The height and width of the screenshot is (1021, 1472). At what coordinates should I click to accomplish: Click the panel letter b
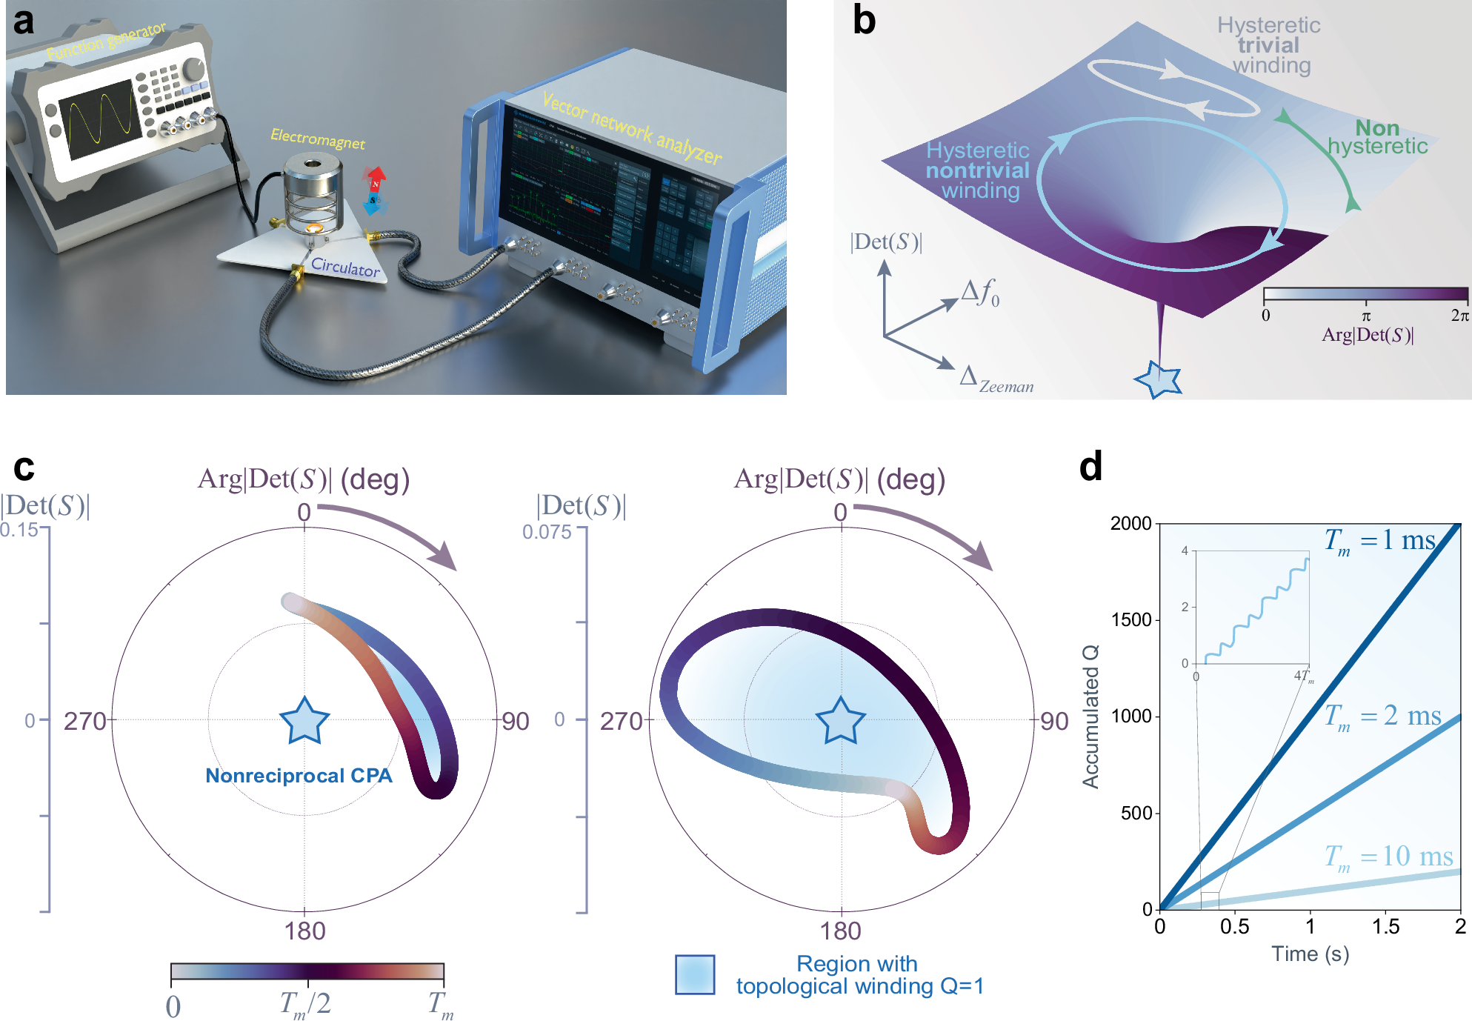click(x=864, y=21)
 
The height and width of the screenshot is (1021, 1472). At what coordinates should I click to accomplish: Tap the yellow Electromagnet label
click(x=317, y=139)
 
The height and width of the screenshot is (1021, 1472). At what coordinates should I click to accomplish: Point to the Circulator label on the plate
click(x=345, y=267)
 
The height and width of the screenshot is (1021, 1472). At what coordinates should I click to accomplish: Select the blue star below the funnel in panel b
click(x=1159, y=379)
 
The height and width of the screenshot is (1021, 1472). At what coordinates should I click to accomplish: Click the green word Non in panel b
click(x=1377, y=128)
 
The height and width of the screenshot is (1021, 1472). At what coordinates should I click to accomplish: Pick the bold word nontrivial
click(x=978, y=170)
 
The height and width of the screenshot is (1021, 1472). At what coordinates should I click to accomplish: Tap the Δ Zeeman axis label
click(x=996, y=380)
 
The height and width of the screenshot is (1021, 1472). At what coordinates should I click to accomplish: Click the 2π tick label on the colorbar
click(x=1459, y=316)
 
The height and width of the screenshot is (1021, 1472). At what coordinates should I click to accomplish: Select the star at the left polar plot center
click(x=304, y=721)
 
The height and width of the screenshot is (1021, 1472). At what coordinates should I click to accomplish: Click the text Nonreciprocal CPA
click(x=299, y=776)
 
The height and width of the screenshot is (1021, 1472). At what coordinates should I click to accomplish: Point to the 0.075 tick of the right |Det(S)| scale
click(x=547, y=532)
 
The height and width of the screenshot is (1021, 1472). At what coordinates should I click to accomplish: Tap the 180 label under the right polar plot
click(x=841, y=931)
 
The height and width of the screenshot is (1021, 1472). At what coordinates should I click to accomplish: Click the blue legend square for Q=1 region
click(x=695, y=974)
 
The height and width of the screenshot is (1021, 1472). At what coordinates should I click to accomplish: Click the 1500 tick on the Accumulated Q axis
click(x=1131, y=619)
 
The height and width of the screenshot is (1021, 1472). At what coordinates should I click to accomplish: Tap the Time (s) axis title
click(x=1310, y=954)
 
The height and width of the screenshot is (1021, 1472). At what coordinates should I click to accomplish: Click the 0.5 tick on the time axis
click(x=1234, y=926)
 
